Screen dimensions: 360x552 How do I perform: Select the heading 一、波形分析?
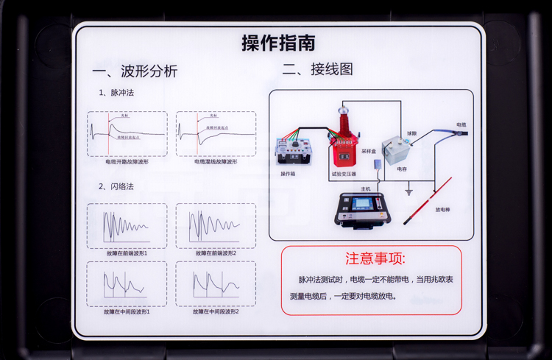pos(135,71)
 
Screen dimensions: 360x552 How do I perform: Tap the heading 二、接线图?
pos(317,69)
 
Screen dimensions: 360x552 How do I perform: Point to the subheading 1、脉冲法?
pos(117,93)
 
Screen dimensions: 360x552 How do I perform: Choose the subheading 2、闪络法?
pos(117,186)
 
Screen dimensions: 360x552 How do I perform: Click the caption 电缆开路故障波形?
pos(127,161)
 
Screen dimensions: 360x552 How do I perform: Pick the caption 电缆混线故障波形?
pos(216,161)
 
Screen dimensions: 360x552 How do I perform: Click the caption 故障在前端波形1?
pos(127,253)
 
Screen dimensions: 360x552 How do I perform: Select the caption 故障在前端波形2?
pos(216,253)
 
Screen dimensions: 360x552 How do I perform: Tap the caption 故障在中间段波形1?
pos(127,312)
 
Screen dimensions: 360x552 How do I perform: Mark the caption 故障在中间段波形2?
pos(216,312)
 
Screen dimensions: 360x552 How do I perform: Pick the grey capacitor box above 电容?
pos(398,150)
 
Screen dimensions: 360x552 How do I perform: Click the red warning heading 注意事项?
pos(375,259)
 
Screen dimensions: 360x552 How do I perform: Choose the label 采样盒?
pos(369,150)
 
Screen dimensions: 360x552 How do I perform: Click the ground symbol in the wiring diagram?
pos(409,193)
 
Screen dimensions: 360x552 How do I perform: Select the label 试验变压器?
pos(343,174)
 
